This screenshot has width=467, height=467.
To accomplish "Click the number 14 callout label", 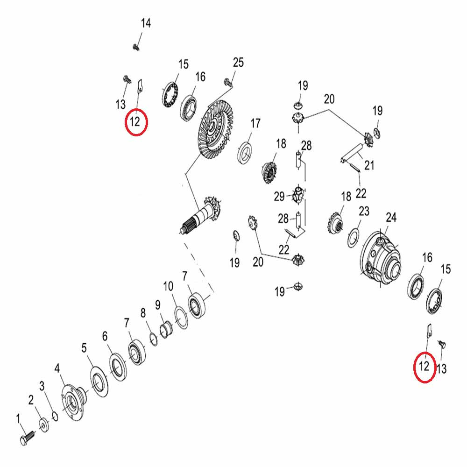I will point(146,23).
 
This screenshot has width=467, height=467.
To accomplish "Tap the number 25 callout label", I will point(238,63).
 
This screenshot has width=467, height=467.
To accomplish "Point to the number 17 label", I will point(255,124).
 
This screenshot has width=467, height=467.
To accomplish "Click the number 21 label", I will point(369,165).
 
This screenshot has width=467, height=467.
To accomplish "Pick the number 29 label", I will point(279,197).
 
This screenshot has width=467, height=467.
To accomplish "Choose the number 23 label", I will point(364,212).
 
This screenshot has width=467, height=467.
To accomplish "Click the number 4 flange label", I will point(57,369).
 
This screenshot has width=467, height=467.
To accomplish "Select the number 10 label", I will point(168,285).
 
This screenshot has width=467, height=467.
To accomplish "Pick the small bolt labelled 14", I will point(136,46).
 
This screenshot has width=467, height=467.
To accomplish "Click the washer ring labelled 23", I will point(354,238).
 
